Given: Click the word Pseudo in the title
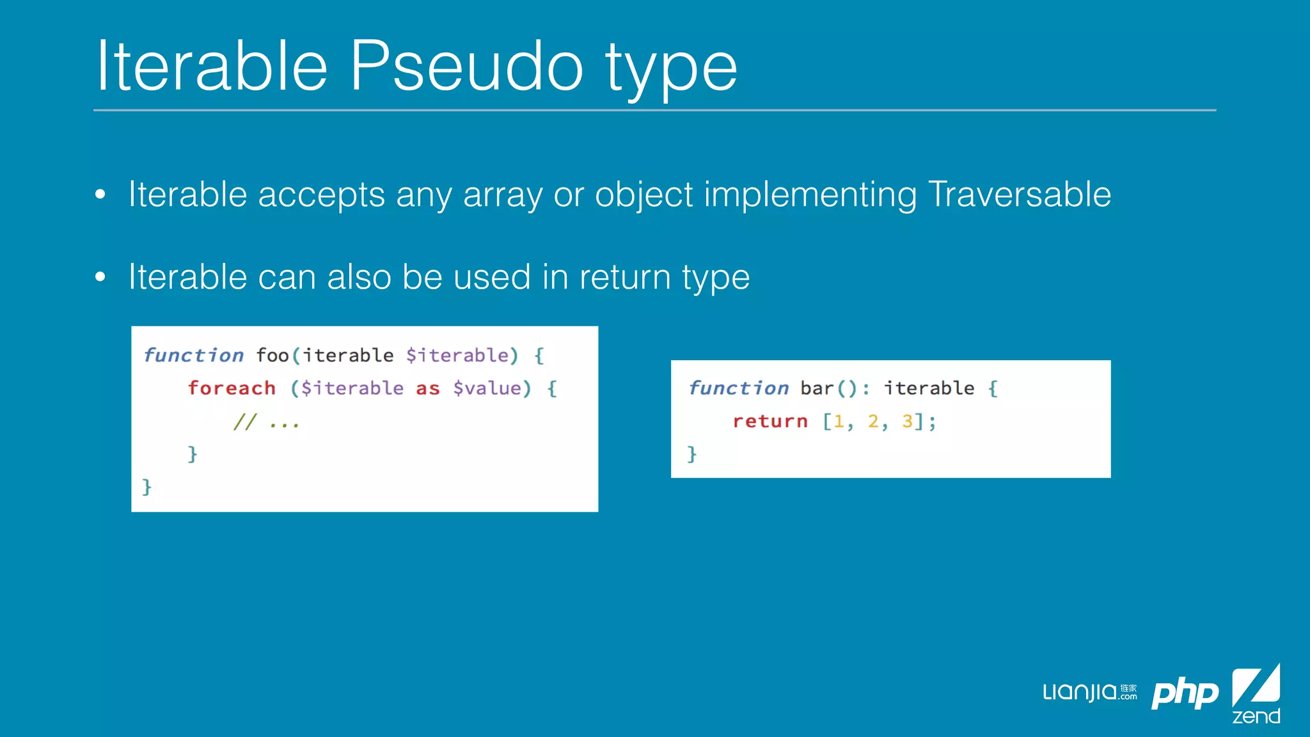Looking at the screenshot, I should [466, 67].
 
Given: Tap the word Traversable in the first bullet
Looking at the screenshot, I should [1019, 194].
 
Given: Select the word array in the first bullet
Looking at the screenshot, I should [503, 196].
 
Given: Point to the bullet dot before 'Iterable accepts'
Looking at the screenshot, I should [100, 194].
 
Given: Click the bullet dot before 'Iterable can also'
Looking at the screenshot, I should [100, 277].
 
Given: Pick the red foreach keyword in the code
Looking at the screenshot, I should [232, 388].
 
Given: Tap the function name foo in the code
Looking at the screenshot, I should [272, 355].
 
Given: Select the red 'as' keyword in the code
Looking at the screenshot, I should [428, 388].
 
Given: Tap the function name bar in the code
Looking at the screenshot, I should [817, 388].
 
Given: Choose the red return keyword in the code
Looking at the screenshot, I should [770, 422].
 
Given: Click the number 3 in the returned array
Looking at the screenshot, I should [907, 421].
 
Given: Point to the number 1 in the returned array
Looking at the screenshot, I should [839, 421].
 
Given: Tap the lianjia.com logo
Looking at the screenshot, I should [1089, 692].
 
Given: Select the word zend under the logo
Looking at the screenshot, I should [1256, 716].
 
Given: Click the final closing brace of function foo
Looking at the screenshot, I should [146, 487].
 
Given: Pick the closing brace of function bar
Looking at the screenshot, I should [691, 454].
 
